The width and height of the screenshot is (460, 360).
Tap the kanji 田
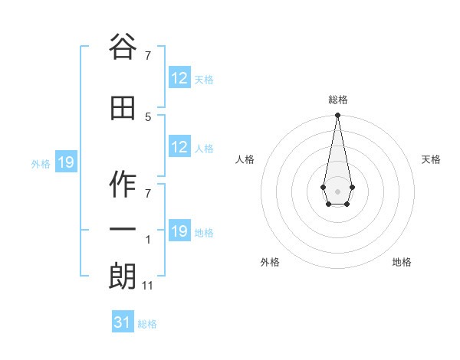point(123,108)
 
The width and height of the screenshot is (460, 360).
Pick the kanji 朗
point(123,276)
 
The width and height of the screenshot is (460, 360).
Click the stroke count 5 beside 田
point(148,116)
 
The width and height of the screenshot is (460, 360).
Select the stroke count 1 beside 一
point(148,240)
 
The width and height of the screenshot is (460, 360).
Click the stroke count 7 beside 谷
point(148,55)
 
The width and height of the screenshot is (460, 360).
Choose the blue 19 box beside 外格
point(66,162)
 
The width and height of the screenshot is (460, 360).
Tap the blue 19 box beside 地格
point(179,232)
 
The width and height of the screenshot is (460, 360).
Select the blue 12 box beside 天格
point(179,78)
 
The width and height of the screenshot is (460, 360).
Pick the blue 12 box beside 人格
point(179,147)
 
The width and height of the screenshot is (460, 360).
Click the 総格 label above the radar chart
point(337,100)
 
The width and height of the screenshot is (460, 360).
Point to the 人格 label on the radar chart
point(245,159)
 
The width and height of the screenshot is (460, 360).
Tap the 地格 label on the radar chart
point(402,262)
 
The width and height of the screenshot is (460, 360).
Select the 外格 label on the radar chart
point(270,262)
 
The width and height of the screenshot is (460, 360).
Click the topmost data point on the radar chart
point(337,116)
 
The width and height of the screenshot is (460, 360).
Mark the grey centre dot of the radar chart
point(337,190)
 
